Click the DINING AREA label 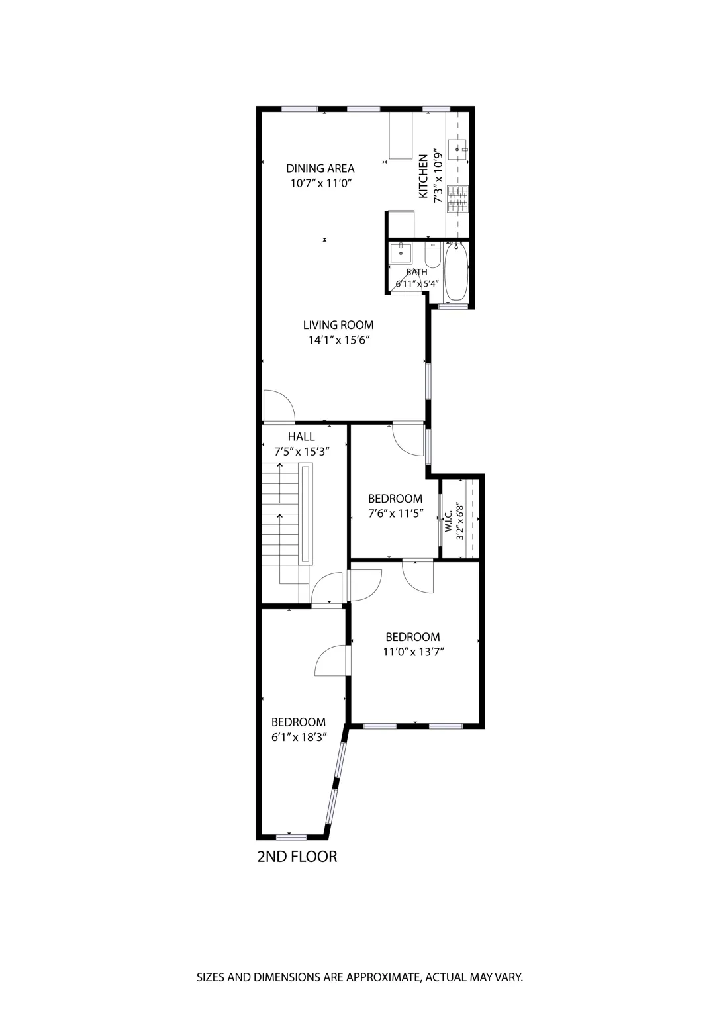(320, 168)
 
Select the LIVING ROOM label (338, 325)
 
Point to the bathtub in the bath (457, 273)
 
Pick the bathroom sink (401, 253)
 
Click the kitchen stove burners (457, 199)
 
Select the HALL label (301, 437)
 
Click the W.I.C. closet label (449, 521)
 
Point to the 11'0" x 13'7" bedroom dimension (413, 652)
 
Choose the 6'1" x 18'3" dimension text (299, 737)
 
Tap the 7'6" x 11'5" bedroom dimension (395, 513)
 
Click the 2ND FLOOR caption (297, 857)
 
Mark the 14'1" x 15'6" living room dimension (338, 340)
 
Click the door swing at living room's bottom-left (277, 407)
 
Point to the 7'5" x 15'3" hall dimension (302, 452)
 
